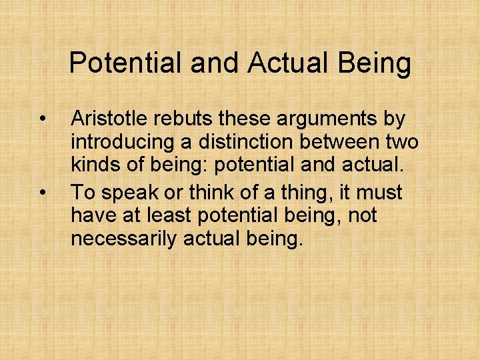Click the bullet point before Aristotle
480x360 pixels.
pos(42,120)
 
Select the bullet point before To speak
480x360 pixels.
pos(42,193)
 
